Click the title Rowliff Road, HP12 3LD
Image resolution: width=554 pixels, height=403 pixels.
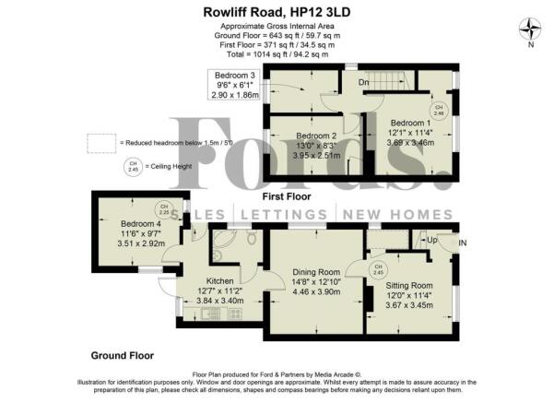[x=276, y=11]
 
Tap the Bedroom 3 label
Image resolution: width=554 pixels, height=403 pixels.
[x=234, y=75]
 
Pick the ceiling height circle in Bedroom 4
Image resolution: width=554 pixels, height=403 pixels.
[x=163, y=208]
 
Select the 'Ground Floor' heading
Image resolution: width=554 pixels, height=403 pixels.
[x=122, y=354]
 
